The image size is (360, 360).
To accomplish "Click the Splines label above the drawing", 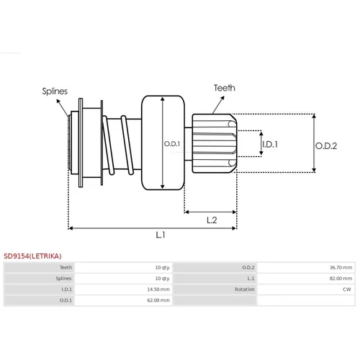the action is coord(55,91).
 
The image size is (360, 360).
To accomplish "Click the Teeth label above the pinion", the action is coord(225,88).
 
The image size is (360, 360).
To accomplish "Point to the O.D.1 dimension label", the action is coord(172,144).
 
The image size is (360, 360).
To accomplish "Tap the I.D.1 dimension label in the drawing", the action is coord(270,144).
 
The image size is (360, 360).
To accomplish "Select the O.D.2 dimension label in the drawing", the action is coord(326,145).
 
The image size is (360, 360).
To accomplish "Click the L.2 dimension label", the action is coord(212,220).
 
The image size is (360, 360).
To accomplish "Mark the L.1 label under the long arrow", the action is coord(161,235).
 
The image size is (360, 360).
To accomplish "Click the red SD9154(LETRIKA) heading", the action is coord(32,256).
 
